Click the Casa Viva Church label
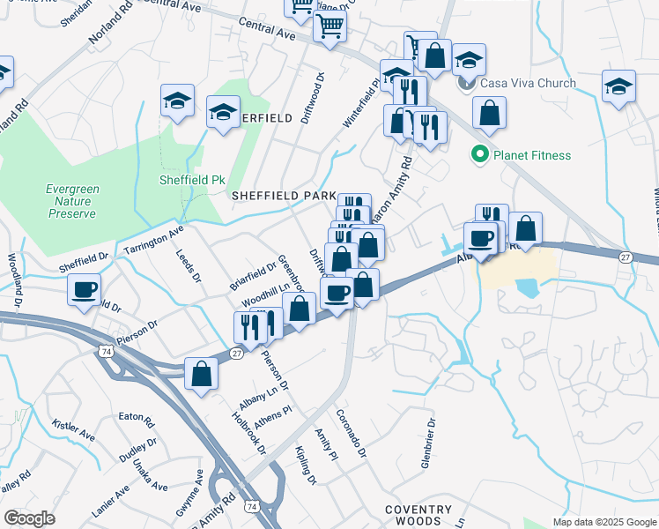[x=527, y=84]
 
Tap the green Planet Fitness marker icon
[x=479, y=155]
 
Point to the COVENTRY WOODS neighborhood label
[x=418, y=515]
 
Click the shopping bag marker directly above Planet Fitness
[x=489, y=113]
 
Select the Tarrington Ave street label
[x=152, y=238]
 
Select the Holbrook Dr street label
[x=249, y=434]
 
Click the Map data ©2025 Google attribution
[x=603, y=522]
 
